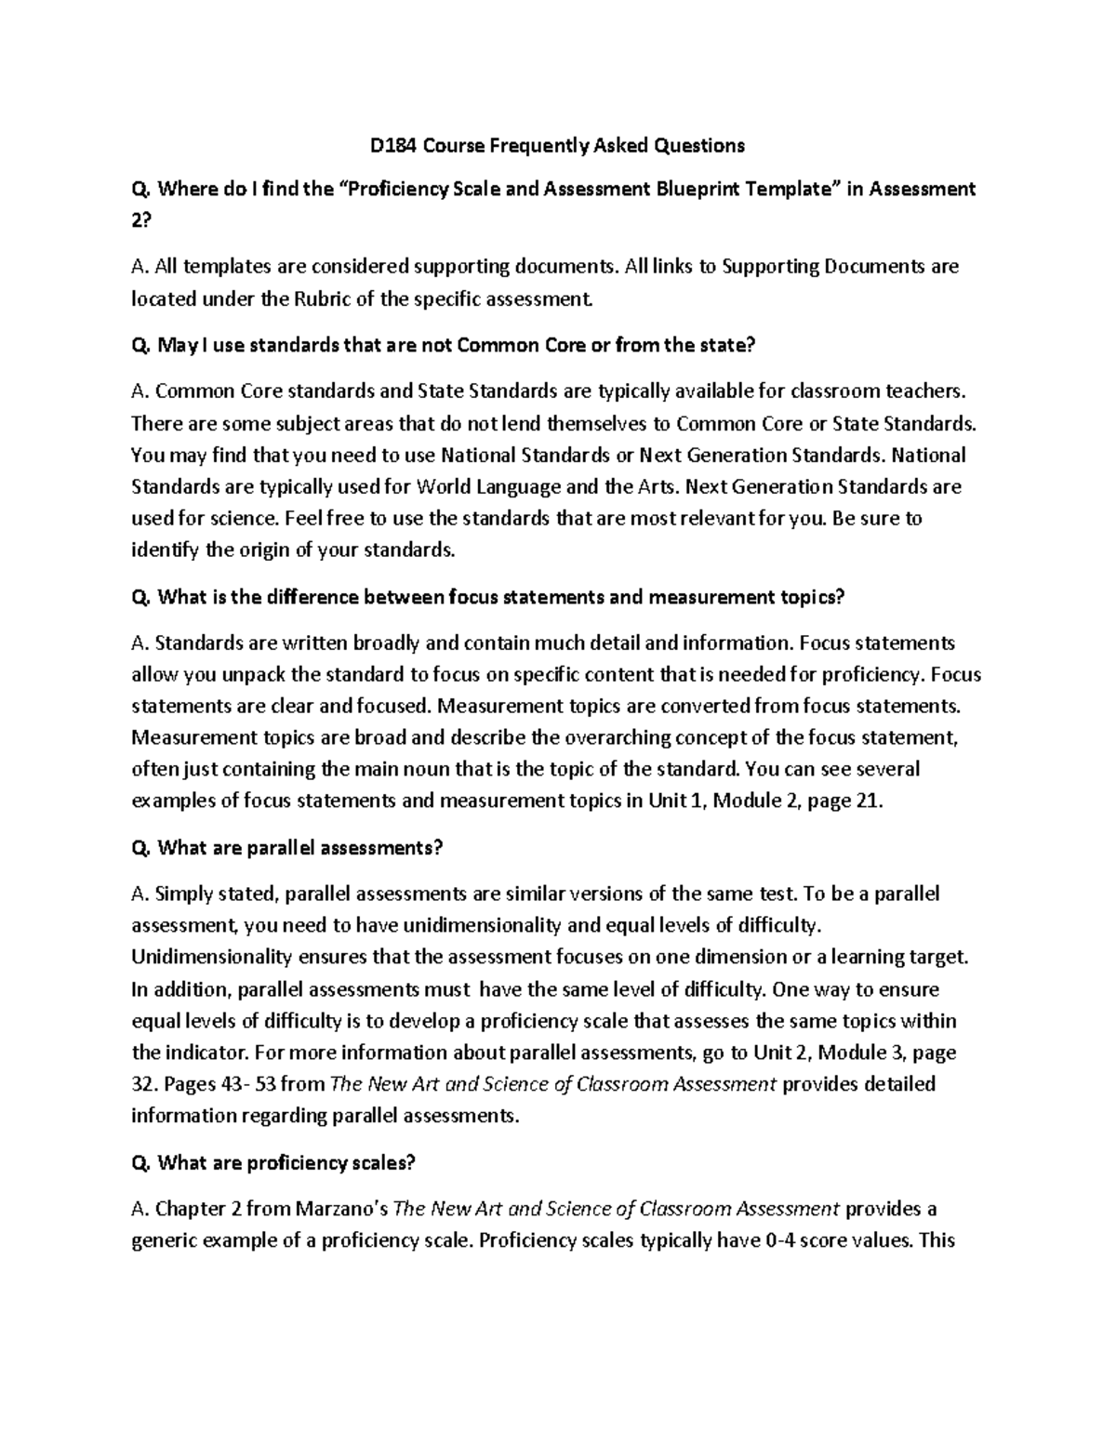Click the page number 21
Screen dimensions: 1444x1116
(x=866, y=801)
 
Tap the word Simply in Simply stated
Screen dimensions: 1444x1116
(x=183, y=894)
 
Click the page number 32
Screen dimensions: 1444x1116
(x=143, y=1084)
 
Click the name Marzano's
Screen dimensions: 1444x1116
(x=343, y=1209)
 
